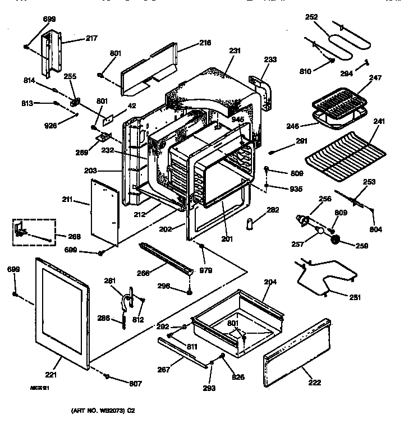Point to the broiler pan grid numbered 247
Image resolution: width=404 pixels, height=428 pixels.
coord(338,103)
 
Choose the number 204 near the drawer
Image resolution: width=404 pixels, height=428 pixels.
coord(270,282)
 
